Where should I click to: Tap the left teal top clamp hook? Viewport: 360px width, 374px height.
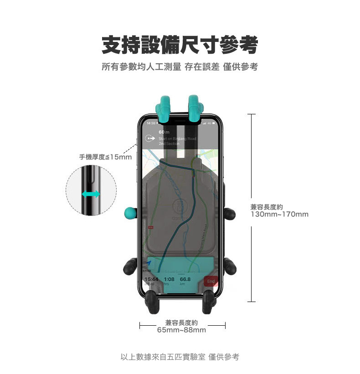click(x=164, y=107)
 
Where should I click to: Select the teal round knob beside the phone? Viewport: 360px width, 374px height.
click(x=130, y=213)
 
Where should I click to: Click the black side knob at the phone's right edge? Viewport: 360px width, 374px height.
click(x=230, y=213)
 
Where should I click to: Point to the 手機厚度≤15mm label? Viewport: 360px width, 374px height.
click(x=105, y=157)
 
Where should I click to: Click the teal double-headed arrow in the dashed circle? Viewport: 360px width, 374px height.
click(x=91, y=195)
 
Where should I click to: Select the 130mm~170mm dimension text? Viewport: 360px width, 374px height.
click(x=279, y=214)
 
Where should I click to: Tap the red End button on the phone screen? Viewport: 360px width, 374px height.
click(x=211, y=281)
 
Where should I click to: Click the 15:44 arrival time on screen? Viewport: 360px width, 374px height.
click(x=151, y=279)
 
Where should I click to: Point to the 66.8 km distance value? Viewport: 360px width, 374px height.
click(x=185, y=279)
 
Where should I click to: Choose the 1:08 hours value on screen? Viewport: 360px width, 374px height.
click(x=169, y=279)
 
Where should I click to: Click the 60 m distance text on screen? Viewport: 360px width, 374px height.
click(x=164, y=132)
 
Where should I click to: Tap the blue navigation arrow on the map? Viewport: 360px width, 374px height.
click(x=150, y=264)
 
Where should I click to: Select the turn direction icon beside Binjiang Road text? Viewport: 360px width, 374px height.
click(x=149, y=138)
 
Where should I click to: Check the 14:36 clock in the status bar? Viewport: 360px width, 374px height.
click(x=150, y=123)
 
